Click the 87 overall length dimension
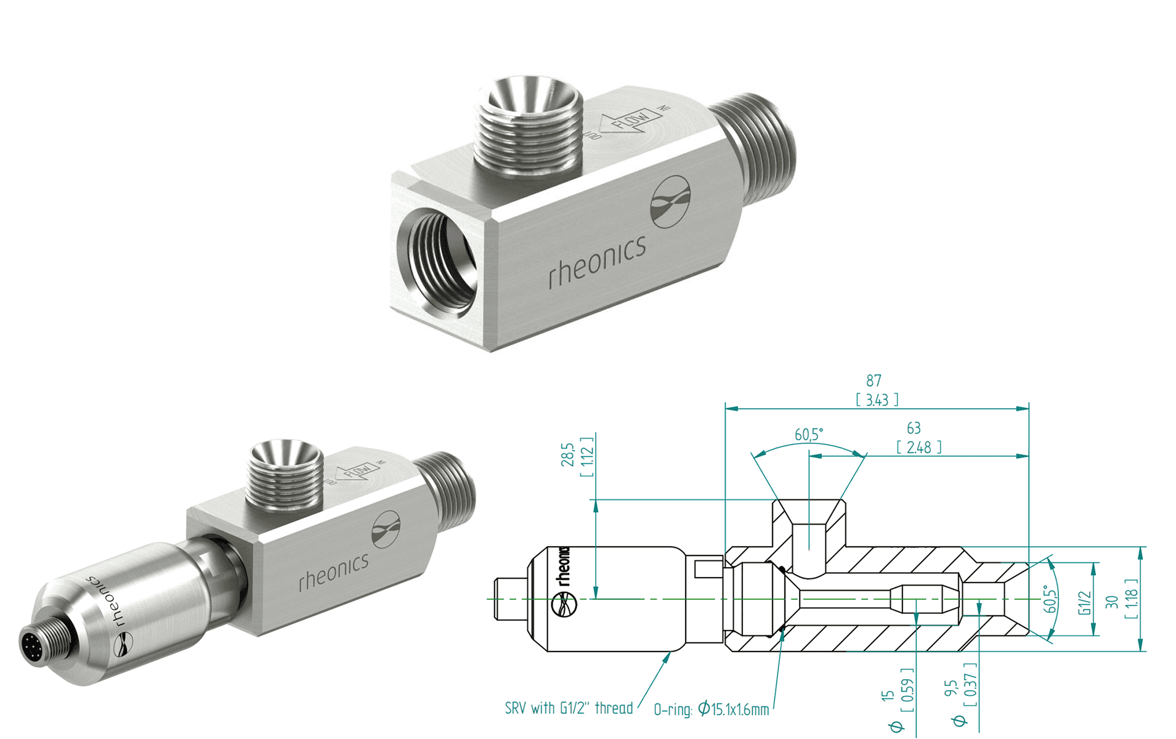click(x=873, y=381)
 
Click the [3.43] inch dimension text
click(x=877, y=400)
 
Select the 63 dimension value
click(x=914, y=428)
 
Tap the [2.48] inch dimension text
click(x=918, y=447)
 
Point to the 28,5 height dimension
click(x=568, y=455)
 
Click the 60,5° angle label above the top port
click(x=808, y=435)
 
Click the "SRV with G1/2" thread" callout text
click(x=569, y=708)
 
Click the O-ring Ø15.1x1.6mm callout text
click(x=711, y=709)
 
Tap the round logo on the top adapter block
click(x=670, y=201)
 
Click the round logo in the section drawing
click(x=564, y=604)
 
